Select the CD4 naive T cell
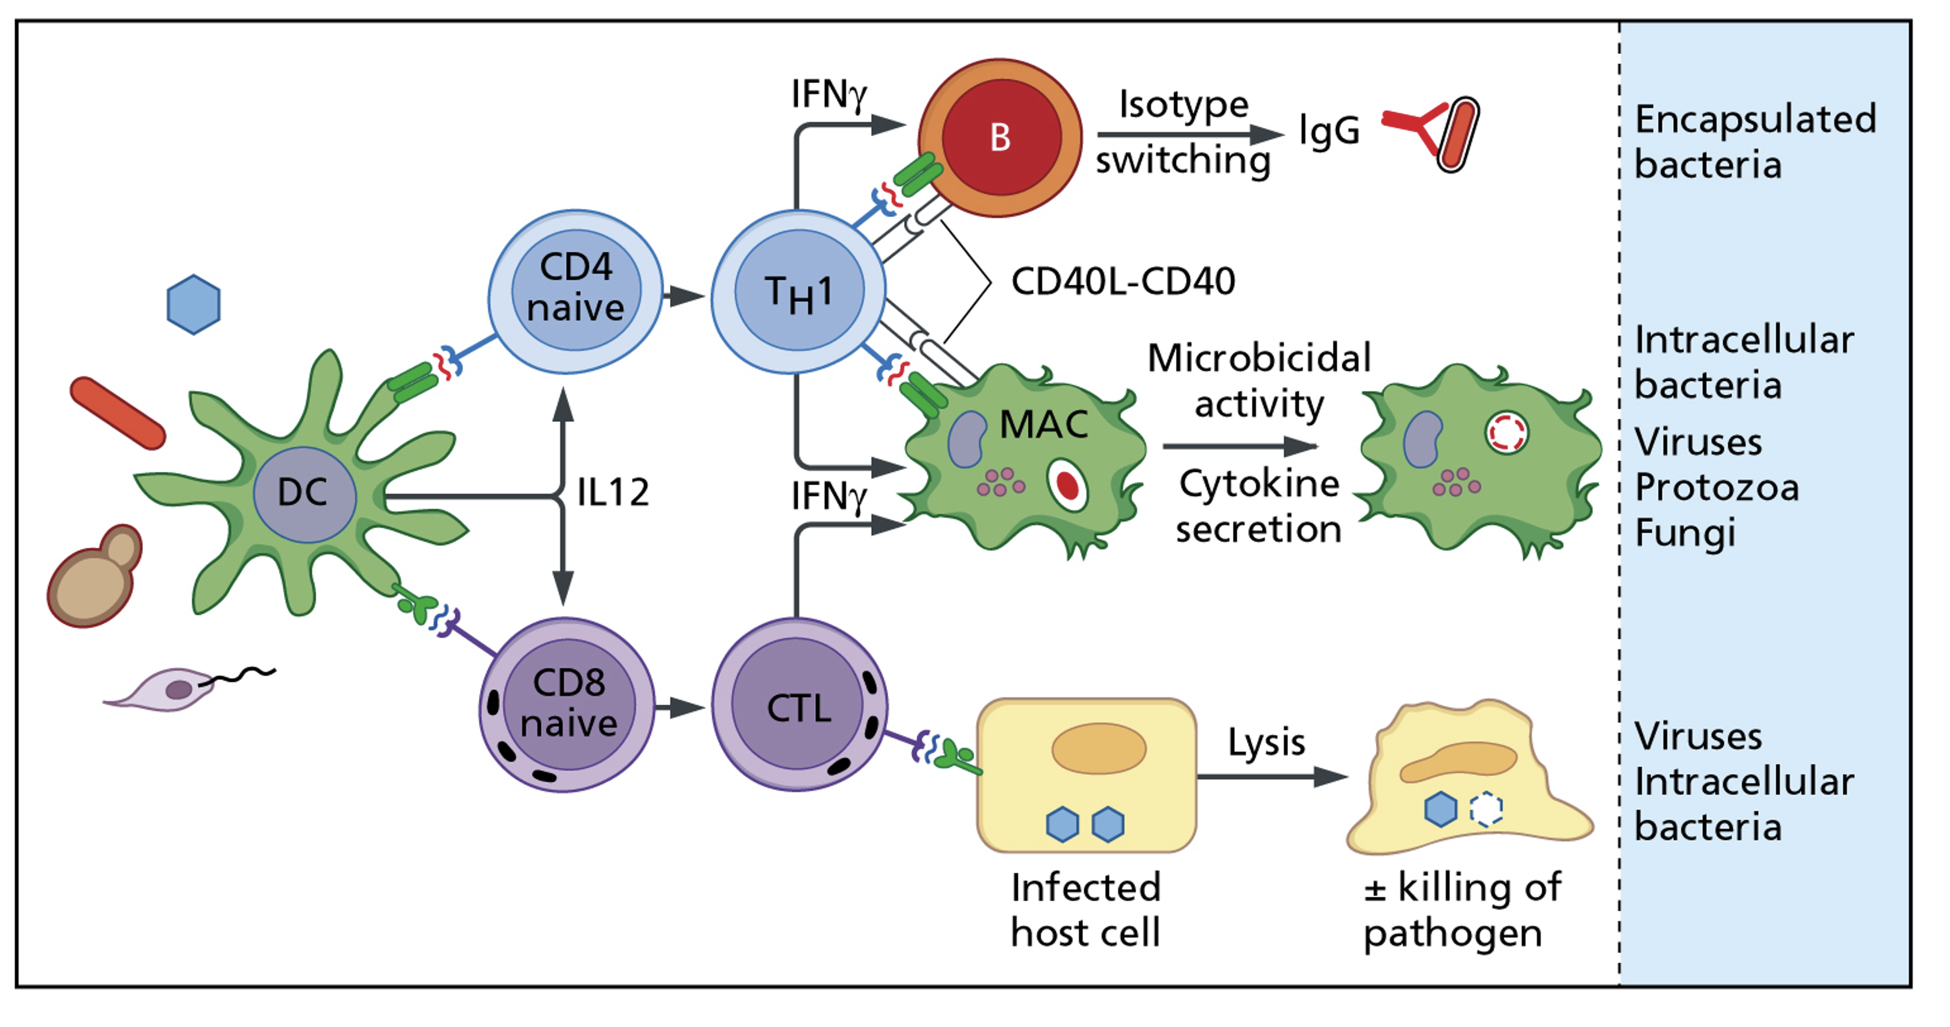pos(575,291)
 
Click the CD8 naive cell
pos(568,705)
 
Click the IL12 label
pos(613,492)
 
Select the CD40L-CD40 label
pos(1123,281)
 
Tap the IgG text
pos(1328,131)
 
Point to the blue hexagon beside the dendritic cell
pos(194,304)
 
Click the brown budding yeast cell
pos(95,577)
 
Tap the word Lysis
pos(1266,743)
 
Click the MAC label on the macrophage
pos(1044,424)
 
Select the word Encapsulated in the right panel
pos(1755,119)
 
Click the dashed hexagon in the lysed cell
pos(1485,808)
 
